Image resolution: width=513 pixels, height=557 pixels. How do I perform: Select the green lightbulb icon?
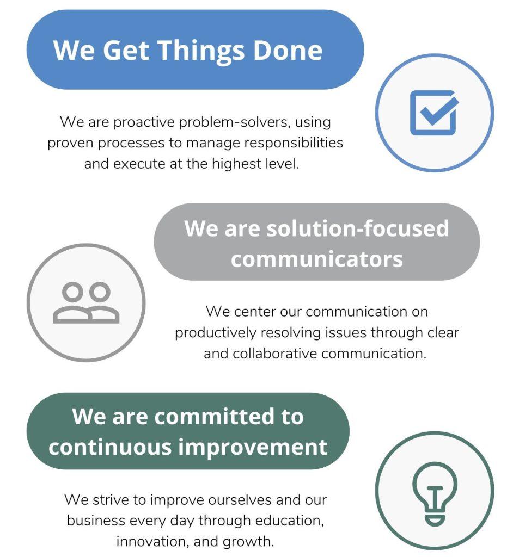click(435, 493)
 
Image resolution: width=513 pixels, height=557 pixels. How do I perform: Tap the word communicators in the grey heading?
click(316, 259)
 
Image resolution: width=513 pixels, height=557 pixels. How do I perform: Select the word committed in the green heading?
click(214, 416)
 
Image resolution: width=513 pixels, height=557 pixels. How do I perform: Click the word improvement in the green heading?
click(253, 447)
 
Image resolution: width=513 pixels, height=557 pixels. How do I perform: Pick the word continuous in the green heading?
click(111, 447)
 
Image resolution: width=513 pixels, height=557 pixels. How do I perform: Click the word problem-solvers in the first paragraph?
click(235, 122)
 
